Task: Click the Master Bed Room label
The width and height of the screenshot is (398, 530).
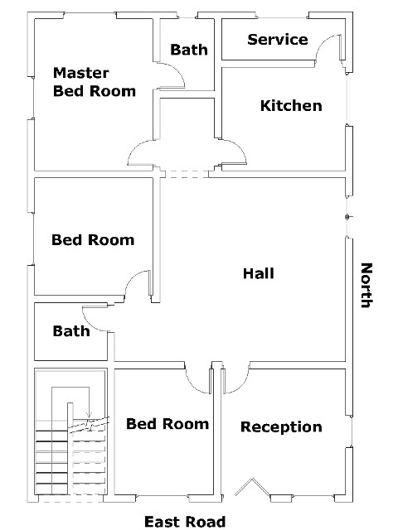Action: click(x=95, y=82)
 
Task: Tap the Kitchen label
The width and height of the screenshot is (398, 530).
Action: click(x=291, y=106)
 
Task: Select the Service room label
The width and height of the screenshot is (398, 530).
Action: click(x=278, y=40)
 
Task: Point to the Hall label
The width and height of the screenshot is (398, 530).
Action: click(x=259, y=273)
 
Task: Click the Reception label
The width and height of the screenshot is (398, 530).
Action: click(x=281, y=426)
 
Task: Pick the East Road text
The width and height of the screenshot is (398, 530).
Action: click(x=185, y=522)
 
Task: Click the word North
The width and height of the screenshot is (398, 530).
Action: click(x=366, y=285)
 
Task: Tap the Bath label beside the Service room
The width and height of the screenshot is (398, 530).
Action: click(x=189, y=50)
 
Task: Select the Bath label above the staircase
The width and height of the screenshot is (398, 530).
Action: click(x=71, y=331)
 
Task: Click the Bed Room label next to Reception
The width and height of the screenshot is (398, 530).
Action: click(x=167, y=424)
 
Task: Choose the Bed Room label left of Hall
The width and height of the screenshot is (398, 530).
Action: click(x=93, y=240)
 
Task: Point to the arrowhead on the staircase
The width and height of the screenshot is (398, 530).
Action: click(x=89, y=415)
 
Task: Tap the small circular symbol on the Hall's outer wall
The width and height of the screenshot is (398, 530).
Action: click(x=347, y=217)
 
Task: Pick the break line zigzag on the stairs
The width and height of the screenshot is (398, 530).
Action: click(x=89, y=424)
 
